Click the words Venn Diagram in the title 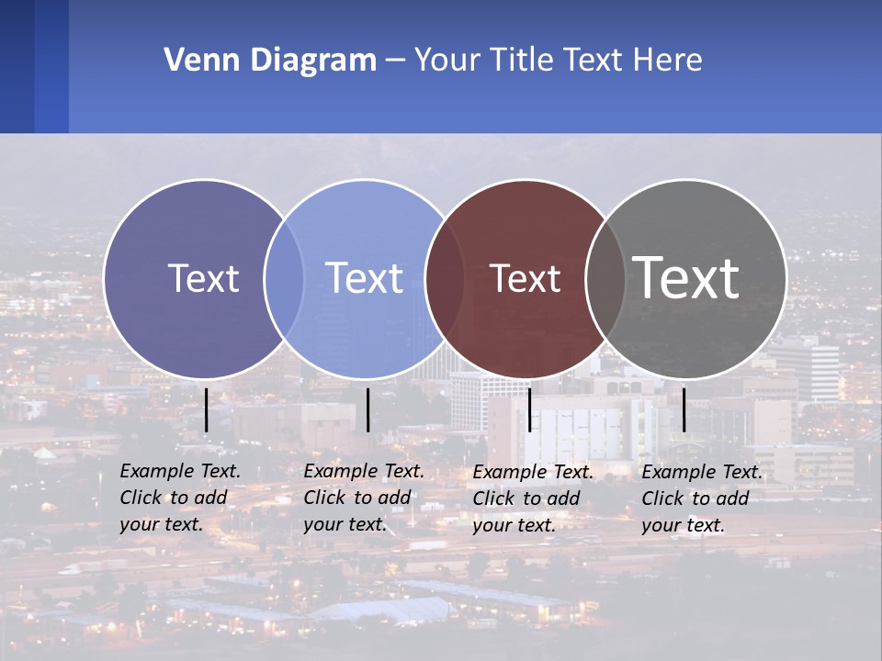(x=270, y=61)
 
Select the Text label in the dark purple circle (x=203, y=278)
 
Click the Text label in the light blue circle (x=364, y=278)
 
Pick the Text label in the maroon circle (x=525, y=279)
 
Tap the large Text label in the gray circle (x=686, y=277)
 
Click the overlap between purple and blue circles (x=284, y=279)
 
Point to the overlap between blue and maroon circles (x=446, y=279)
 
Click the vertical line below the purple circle (x=206, y=409)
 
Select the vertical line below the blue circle (x=367, y=409)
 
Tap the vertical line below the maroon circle (x=529, y=409)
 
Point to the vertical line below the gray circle (x=684, y=409)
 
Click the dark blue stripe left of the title (x=17, y=66)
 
